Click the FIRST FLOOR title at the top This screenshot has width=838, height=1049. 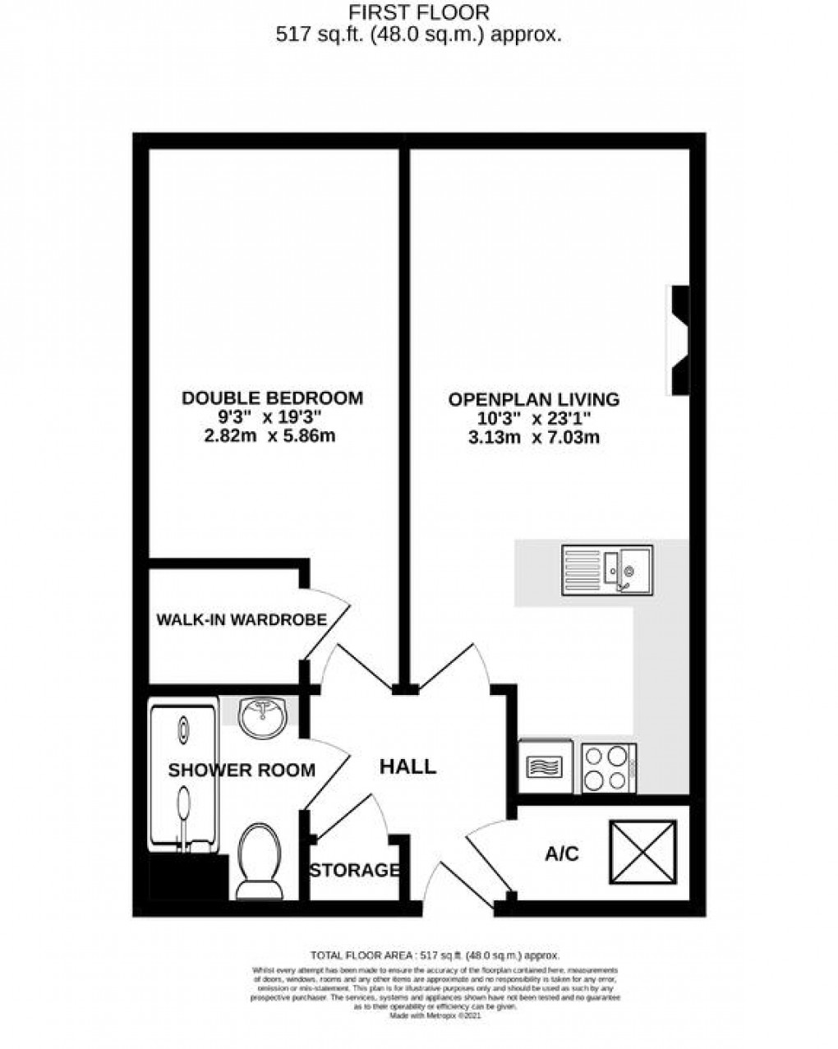coord(418,12)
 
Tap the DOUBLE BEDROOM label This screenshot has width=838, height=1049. coord(272,398)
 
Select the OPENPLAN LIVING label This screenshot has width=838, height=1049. coord(533,400)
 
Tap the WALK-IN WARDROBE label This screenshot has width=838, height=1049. coord(241,619)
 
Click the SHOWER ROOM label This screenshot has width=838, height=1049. coord(242,771)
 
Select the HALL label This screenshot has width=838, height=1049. coord(407,767)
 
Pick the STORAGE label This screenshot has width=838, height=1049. coord(354,870)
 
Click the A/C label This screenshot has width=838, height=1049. coord(562,854)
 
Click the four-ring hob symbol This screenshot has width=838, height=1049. coord(608,768)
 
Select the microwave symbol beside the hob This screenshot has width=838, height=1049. coord(546,767)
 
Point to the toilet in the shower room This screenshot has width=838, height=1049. coord(258,863)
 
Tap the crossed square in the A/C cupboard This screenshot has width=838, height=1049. coord(642,852)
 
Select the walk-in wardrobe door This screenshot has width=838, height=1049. coord(325,623)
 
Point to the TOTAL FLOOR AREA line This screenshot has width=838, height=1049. coord(435,955)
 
